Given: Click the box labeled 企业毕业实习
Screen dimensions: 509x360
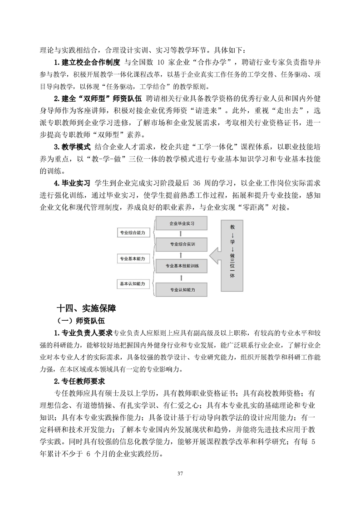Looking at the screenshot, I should tap(182, 224).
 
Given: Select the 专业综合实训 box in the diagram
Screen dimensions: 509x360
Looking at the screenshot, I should tap(182, 244).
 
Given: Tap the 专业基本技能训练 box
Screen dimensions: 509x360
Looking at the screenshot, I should tap(182, 266).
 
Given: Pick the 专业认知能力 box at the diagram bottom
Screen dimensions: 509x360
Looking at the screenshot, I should tap(182, 289).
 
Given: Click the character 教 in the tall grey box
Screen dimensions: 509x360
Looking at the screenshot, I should tap(232, 226).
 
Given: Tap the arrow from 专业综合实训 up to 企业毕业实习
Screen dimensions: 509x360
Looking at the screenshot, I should tap(182, 234).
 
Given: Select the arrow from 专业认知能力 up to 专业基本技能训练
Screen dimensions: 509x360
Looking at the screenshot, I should tap(182, 277).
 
